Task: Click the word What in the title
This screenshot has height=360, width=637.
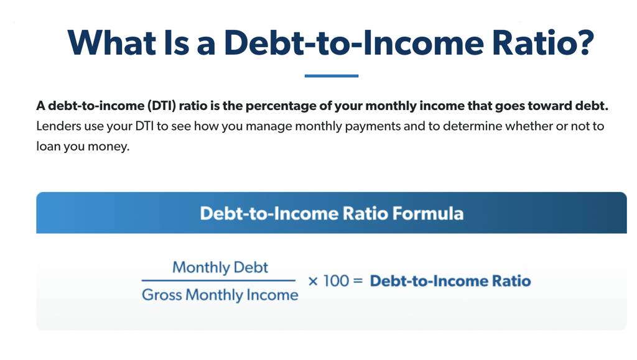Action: click(112, 42)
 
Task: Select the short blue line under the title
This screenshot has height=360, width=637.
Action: click(332, 75)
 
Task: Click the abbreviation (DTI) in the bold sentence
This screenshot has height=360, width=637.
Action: click(161, 106)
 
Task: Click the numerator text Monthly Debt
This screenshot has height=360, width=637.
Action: click(220, 267)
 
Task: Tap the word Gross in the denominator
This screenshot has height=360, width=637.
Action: click(162, 295)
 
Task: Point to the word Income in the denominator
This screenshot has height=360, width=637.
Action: click(272, 295)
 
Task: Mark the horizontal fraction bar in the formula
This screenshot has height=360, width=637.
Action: click(218, 280)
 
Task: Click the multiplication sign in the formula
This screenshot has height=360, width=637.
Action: click(313, 281)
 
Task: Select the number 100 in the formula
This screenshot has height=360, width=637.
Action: click(336, 281)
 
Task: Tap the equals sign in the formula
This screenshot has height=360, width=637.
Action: click(358, 281)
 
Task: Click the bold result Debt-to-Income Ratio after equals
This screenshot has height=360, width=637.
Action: click(450, 281)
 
